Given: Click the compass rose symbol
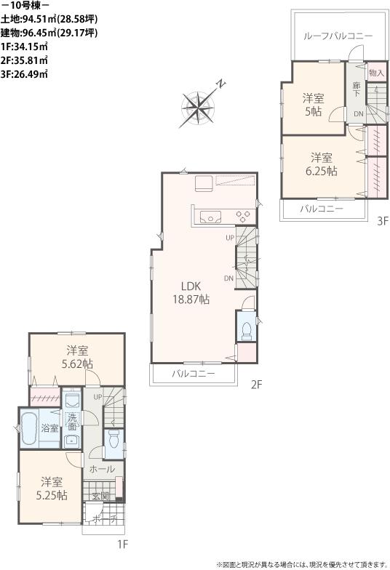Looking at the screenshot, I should click(198, 106).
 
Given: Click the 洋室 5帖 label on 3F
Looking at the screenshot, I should click(313, 105).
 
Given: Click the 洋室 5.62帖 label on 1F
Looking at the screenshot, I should click(77, 357).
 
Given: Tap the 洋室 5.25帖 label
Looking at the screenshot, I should click(53, 489).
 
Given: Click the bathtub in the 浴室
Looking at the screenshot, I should click(30, 430).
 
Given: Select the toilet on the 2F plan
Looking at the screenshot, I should click(247, 328).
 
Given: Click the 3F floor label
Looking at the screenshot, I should click(383, 223).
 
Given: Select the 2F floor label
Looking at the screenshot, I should click(256, 385).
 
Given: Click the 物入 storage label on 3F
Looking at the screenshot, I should click(376, 73).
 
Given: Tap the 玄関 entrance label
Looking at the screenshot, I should click(100, 497).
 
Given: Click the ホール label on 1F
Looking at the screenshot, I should click(102, 470).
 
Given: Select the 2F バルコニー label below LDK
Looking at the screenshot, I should click(194, 374).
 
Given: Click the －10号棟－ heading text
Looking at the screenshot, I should click(25, 7).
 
